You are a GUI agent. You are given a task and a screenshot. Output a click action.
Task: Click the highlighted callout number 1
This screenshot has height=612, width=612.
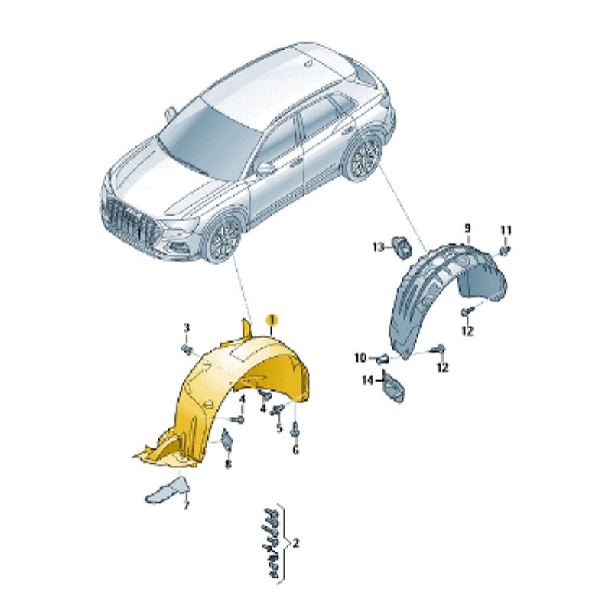tap(272, 321)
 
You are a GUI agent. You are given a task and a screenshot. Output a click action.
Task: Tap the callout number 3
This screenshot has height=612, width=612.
tap(186, 328)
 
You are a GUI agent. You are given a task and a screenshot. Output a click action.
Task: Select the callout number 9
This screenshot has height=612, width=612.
tap(467, 228)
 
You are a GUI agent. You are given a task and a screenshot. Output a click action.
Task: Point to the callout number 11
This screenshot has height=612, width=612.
tap(506, 231)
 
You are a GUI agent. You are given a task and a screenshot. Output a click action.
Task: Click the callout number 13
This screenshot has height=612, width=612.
tap(379, 246)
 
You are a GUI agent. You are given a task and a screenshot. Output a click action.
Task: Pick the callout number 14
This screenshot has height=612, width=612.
tap(368, 379)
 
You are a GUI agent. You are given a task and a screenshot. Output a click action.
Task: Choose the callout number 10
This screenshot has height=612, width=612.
tap(360, 357)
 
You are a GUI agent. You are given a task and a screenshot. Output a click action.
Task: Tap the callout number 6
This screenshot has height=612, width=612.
tap(295, 450)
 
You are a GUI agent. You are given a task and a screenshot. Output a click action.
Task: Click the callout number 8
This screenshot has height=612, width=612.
tap(228, 464)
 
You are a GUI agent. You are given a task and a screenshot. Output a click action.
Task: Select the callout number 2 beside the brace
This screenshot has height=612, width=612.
tap(295, 543)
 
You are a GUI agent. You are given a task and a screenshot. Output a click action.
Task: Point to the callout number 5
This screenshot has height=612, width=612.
tap(279, 428)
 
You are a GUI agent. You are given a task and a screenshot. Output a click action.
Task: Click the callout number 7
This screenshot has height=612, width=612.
tap(186, 506)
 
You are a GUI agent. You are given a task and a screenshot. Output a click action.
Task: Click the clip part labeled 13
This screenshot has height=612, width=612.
tap(402, 247)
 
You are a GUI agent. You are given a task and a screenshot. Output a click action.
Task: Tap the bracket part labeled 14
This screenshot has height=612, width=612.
tap(392, 386)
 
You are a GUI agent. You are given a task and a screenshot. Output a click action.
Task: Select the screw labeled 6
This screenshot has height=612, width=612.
tap(295, 431)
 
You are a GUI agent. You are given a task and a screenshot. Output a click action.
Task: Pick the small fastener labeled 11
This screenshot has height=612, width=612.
tap(505, 251)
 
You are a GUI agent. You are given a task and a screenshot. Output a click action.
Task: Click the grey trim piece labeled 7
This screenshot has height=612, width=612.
tap(167, 490)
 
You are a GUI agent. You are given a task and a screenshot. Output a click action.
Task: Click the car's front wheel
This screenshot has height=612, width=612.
tap(223, 239)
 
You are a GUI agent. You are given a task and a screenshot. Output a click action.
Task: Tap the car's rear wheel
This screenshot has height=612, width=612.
tap(365, 157)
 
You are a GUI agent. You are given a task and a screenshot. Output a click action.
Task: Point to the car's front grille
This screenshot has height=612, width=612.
tap(131, 226)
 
